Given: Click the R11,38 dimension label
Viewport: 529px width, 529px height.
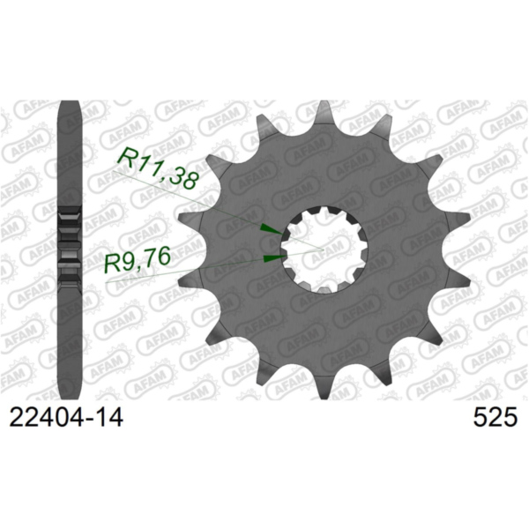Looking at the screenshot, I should (x=159, y=169).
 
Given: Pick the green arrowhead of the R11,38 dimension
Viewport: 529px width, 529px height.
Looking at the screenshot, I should (x=266, y=228).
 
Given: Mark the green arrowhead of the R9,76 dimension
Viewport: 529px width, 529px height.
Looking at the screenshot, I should (x=274, y=257).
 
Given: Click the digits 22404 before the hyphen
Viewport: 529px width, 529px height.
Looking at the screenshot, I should (x=43, y=417).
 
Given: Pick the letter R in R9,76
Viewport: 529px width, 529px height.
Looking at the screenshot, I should (x=113, y=262).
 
